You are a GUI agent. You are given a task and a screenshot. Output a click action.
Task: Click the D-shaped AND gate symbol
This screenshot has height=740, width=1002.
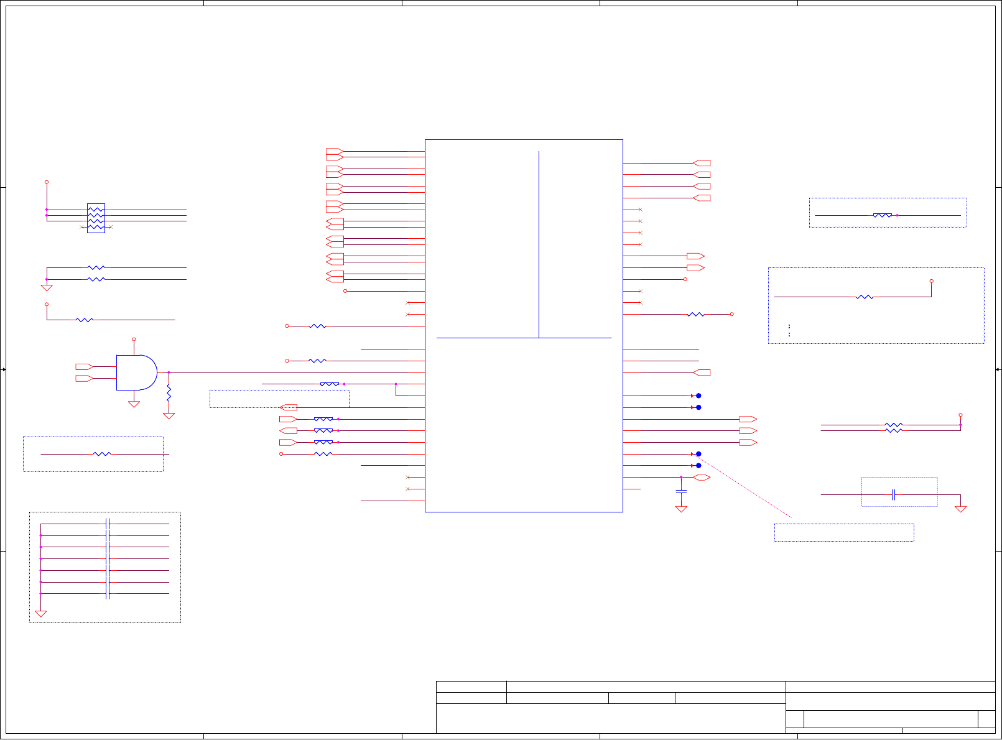(136, 372)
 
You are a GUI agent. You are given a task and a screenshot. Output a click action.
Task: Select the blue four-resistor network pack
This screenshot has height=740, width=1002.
(96, 218)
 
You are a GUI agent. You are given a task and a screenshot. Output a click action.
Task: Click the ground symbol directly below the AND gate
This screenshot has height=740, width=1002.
(134, 404)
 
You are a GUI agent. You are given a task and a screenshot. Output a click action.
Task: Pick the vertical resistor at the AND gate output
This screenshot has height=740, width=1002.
(169, 392)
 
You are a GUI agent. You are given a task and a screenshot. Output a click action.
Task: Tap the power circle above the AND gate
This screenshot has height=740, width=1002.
(134, 340)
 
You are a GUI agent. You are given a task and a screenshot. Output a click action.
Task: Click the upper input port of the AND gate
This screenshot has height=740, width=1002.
(84, 367)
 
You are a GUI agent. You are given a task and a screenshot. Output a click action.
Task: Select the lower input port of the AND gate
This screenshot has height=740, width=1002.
(84, 378)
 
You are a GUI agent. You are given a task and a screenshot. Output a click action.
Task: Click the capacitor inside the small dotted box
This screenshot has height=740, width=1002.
(893, 495)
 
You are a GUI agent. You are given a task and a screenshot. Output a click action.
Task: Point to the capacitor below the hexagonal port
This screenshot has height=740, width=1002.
(681, 491)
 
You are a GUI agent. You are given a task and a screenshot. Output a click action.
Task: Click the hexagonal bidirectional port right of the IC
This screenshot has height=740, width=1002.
(702, 478)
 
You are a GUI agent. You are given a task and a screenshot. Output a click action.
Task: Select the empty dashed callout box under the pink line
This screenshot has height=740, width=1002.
(843, 532)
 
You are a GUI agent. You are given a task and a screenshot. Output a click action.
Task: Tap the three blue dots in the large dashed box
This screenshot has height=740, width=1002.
(789, 330)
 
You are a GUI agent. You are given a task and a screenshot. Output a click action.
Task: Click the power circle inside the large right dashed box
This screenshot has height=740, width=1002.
(931, 281)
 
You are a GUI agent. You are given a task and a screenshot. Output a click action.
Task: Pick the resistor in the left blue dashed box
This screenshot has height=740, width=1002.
(101, 454)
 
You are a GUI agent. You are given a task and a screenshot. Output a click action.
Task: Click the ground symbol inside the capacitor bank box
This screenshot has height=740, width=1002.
(41, 614)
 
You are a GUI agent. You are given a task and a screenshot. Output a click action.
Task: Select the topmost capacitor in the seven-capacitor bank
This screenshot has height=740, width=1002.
(108, 524)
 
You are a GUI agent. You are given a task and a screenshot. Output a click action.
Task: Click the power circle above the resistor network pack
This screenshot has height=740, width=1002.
(47, 182)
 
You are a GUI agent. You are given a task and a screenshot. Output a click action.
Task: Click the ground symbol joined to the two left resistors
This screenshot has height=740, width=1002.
(47, 288)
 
